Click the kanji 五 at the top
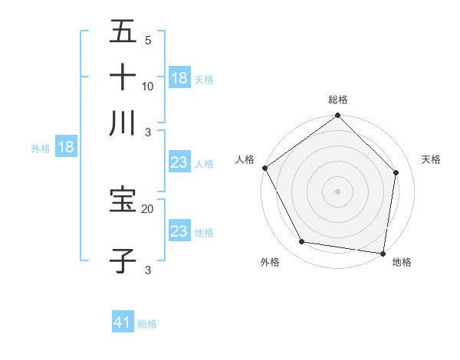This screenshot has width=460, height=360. pyautogui.click(x=123, y=32)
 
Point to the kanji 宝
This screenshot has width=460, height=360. pyautogui.click(x=123, y=201)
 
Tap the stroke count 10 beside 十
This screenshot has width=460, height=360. pyautogui.click(x=148, y=86)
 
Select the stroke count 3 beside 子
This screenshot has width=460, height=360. pyautogui.click(x=148, y=270)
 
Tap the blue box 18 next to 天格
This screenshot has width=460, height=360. pyautogui.click(x=179, y=78)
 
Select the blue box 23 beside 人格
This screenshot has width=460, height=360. pyautogui.click(x=179, y=162)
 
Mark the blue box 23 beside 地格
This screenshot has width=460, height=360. pyautogui.click(x=179, y=231)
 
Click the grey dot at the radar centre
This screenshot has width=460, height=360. pyautogui.click(x=338, y=191)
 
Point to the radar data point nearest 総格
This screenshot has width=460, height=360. pyautogui.click(x=338, y=116)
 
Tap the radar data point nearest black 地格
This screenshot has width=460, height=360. pyautogui.click(x=383, y=253)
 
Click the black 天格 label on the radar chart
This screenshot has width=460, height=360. pyautogui.click(x=431, y=159)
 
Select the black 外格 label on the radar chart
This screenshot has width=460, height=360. pyautogui.click(x=270, y=263)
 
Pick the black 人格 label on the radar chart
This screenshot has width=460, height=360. pyautogui.click(x=245, y=159)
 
